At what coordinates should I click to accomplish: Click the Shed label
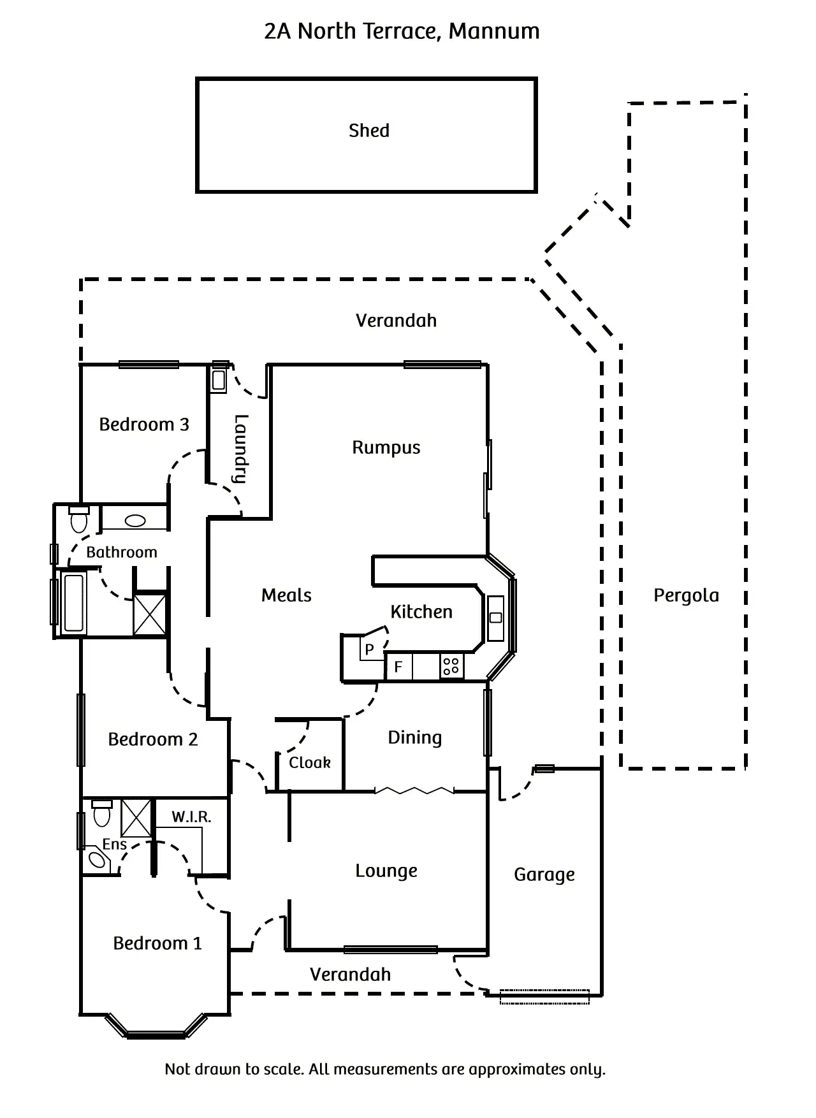pos(368,131)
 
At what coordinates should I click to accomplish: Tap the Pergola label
pos(686,595)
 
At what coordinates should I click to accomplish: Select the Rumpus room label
pos(386,447)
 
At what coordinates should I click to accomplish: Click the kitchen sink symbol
pos(495,618)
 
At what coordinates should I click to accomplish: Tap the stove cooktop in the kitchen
pos(451,667)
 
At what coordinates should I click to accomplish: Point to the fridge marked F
pos(398,667)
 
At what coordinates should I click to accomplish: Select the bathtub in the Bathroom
pos(74,602)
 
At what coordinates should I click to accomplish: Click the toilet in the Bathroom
pos(79,519)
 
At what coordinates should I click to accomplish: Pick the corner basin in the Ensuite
pos(98,860)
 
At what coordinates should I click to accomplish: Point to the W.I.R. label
pos(191,817)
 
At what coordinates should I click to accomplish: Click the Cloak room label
pos(310,762)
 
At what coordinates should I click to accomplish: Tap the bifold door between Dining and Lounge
pos(414,791)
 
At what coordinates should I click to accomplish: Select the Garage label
pos(544,875)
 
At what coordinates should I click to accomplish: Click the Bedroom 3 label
pos(144,425)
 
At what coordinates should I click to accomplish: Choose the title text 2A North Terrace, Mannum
pos(402,31)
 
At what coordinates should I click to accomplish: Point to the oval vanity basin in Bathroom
pos(135,521)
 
